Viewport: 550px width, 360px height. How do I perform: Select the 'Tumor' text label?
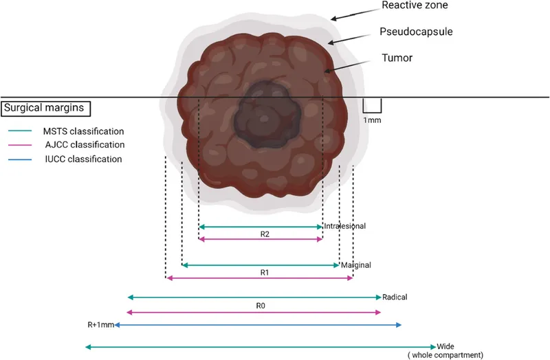(x=398, y=58)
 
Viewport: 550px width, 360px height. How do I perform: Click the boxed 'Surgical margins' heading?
(x=47, y=108)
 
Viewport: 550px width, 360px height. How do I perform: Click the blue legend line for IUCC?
(x=21, y=159)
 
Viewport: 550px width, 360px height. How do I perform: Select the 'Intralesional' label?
(x=344, y=226)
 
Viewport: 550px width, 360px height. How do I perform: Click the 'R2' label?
(x=265, y=234)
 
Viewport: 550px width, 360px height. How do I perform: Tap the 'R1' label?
(x=265, y=272)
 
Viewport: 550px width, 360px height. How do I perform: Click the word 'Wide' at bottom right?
(x=445, y=346)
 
